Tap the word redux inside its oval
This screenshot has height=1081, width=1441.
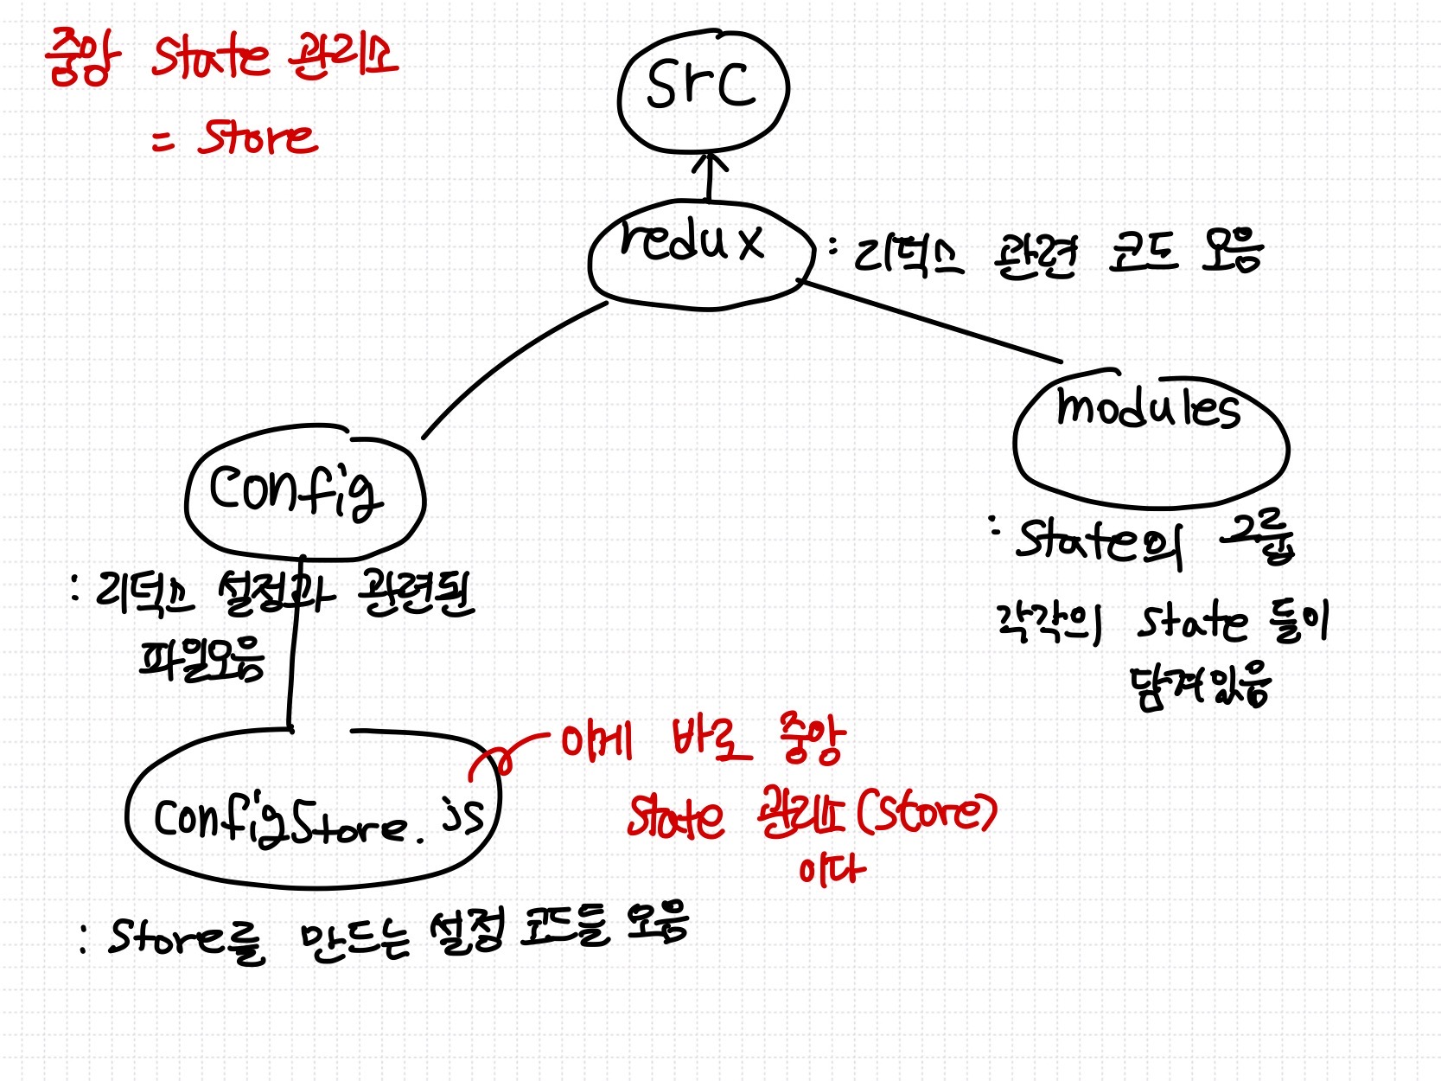coord(692,240)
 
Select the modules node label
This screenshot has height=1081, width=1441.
coord(1148,406)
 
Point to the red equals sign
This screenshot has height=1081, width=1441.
coord(163,140)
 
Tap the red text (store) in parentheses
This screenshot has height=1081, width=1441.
coord(927,813)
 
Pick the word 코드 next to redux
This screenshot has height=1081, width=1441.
coord(1143,253)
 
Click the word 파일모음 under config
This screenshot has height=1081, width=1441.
coord(202,660)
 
